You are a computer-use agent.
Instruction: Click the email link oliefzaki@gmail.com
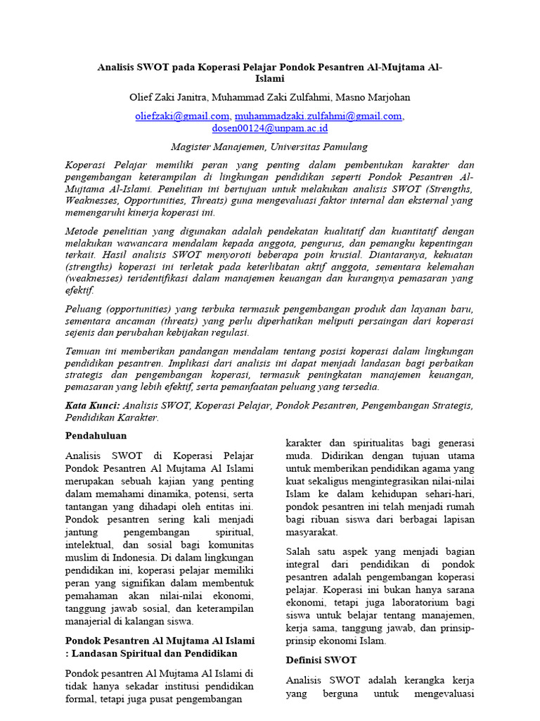tap(182, 115)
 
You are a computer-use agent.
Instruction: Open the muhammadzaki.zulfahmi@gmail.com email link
tap(318, 115)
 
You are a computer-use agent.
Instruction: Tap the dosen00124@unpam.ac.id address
tap(269, 128)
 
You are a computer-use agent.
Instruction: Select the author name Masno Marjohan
tap(375, 96)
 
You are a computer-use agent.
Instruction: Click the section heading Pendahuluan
tap(96, 436)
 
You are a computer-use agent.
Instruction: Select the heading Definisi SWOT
tap(321, 660)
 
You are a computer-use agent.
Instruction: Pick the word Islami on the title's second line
tap(269, 80)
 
